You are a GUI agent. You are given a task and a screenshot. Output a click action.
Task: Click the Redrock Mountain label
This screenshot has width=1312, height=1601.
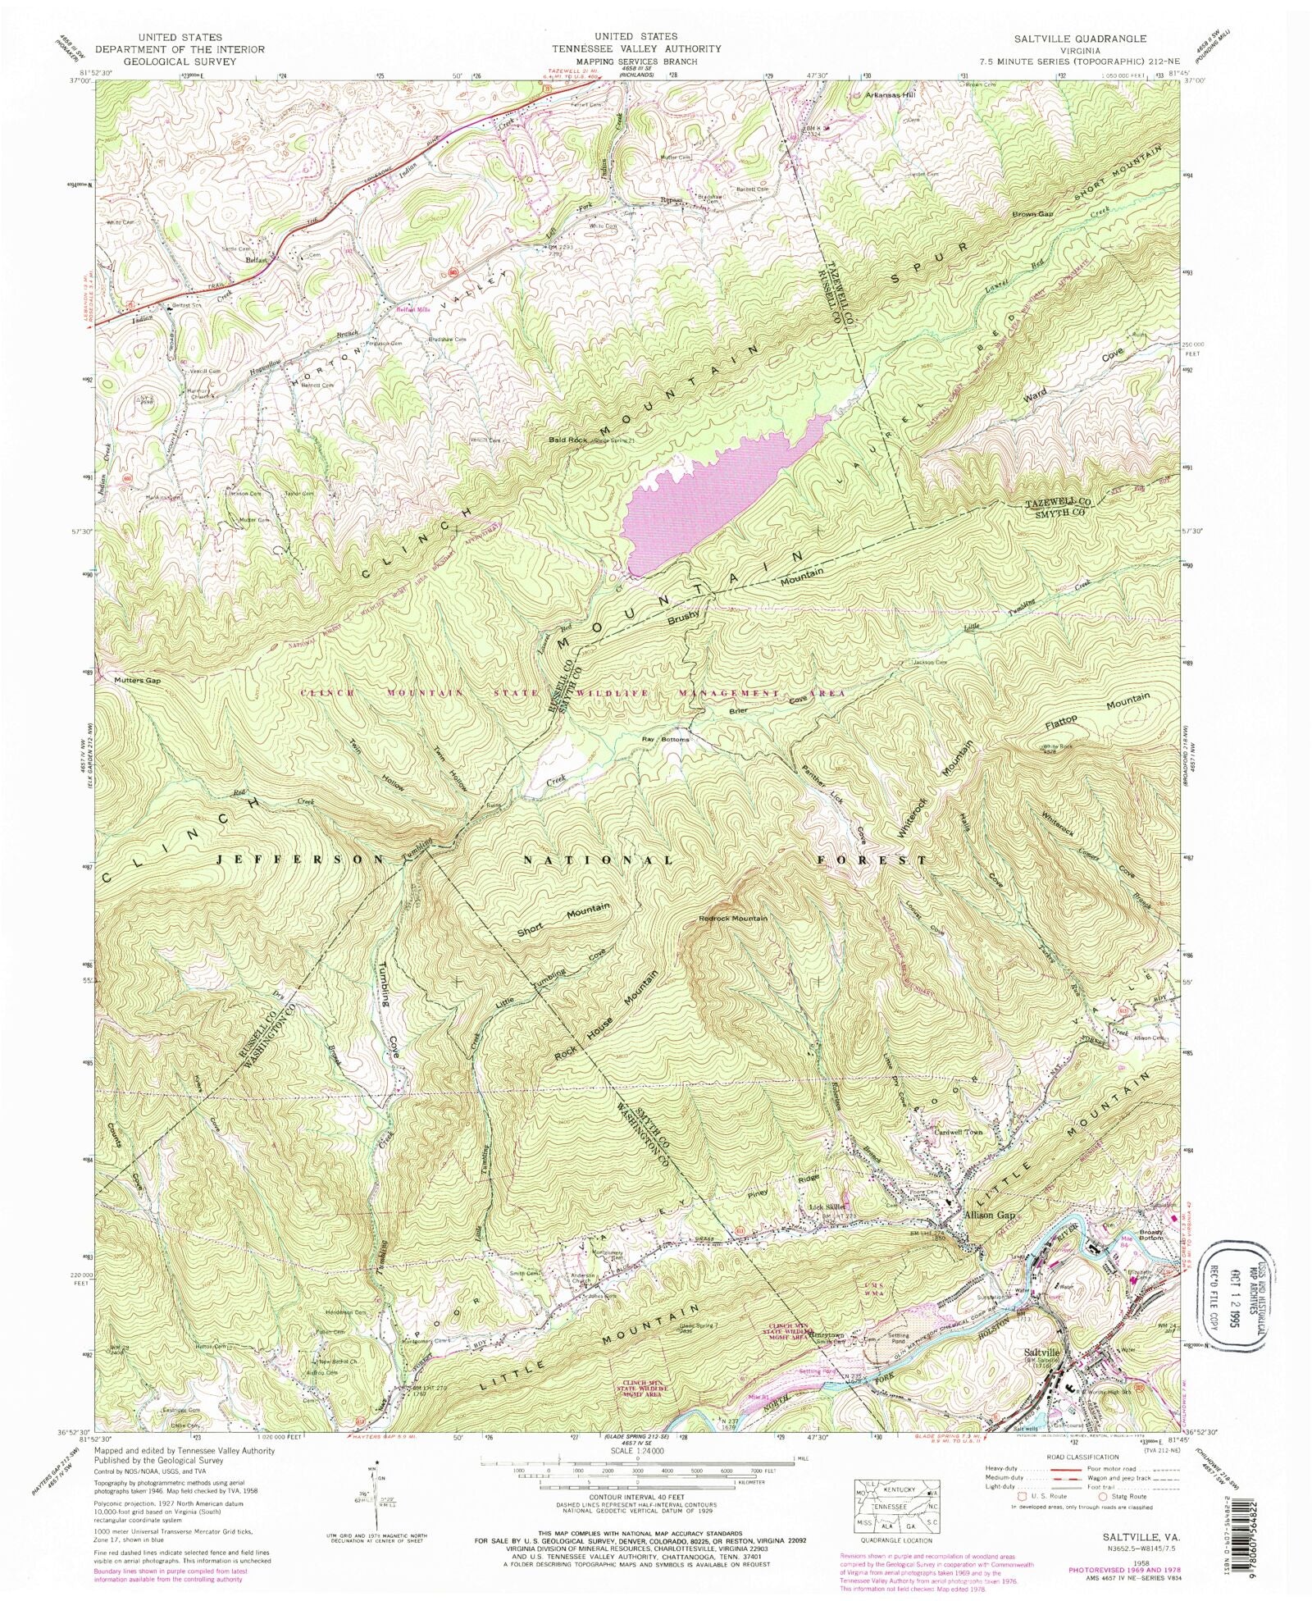point(733,918)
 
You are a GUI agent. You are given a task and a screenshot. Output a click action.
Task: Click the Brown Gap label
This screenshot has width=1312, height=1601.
point(1031,214)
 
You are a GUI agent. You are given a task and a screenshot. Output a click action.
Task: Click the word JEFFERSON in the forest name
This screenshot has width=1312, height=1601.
point(300,859)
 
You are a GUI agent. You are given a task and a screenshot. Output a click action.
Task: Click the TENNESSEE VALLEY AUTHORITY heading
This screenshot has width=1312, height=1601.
point(636,48)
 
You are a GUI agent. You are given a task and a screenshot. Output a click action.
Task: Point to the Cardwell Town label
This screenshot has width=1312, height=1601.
point(958,1133)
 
